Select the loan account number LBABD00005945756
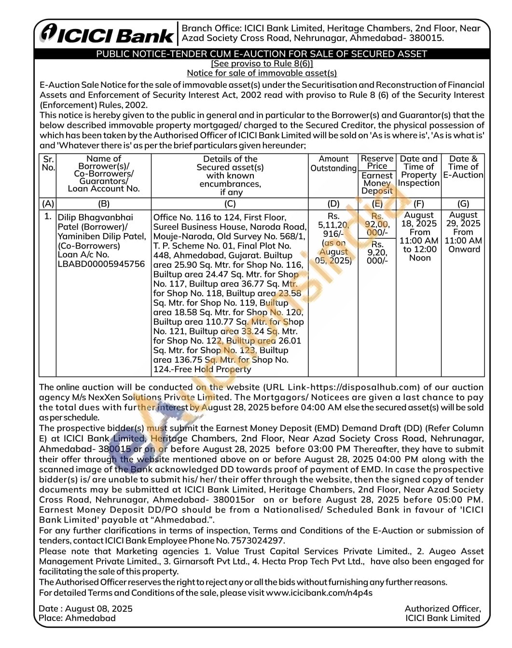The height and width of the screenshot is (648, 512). pyautogui.click(x=101, y=264)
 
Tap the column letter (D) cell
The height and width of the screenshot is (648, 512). pyautogui.click(x=333, y=204)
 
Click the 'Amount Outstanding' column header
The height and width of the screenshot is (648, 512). pyautogui.click(x=333, y=164)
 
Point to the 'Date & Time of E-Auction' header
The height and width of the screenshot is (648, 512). pyautogui.click(x=463, y=166)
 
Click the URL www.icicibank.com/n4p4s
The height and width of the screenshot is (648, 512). pyautogui.click(x=319, y=593)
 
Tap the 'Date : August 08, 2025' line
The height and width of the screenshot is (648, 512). pyautogui.click(x=86, y=608)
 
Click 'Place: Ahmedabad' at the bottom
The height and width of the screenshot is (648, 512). pyautogui.click(x=78, y=618)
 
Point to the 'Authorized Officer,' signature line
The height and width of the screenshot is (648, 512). pyautogui.click(x=443, y=608)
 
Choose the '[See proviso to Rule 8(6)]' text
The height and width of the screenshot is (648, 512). pyautogui.click(x=262, y=64)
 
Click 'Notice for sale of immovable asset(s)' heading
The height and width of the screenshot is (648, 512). pyautogui.click(x=262, y=73)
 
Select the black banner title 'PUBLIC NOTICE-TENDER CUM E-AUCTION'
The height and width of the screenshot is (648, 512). pyautogui.click(x=262, y=54)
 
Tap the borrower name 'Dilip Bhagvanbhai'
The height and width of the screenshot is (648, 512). pyautogui.click(x=96, y=217)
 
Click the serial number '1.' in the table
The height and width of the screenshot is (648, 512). pyautogui.click(x=48, y=216)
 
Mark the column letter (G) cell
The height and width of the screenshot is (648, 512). pyautogui.click(x=463, y=204)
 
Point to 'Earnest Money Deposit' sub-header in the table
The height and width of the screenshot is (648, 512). pyautogui.click(x=377, y=183)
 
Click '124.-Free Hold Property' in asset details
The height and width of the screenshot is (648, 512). pyautogui.click(x=202, y=369)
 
